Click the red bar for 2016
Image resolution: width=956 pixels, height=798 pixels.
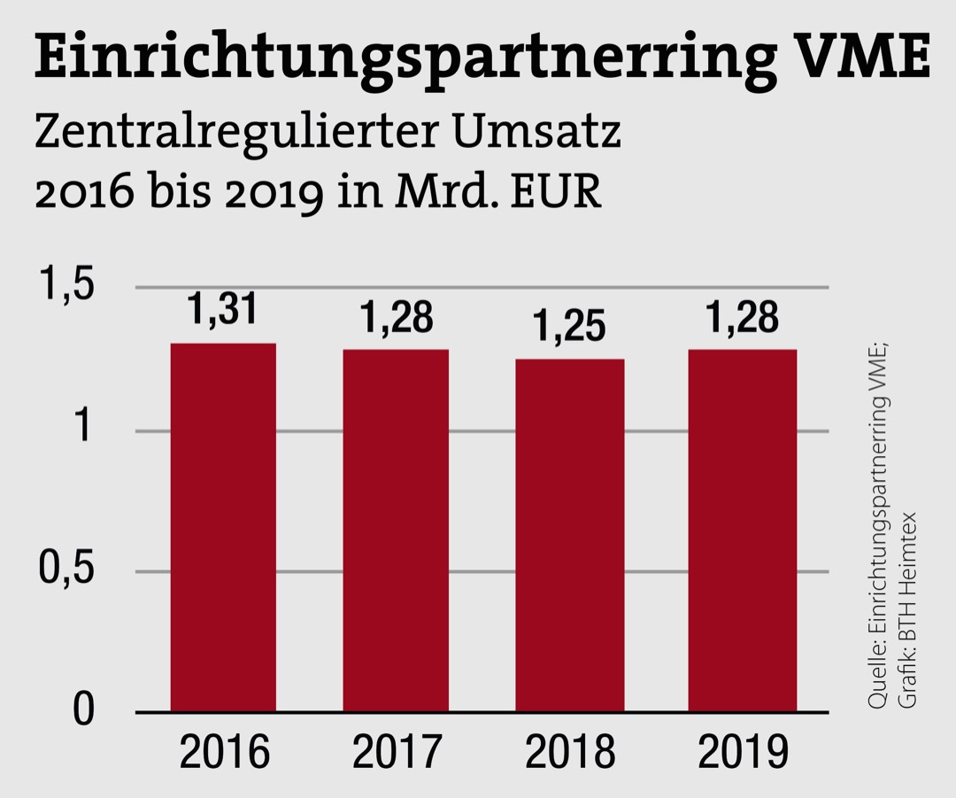pyautogui.click(x=223, y=527)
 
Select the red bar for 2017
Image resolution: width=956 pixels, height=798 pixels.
pyautogui.click(x=396, y=530)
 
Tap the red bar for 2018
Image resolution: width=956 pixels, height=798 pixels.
pyautogui.click(x=570, y=534)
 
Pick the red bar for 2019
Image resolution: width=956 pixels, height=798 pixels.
pyautogui.click(x=743, y=530)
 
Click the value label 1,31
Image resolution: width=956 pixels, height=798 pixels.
pyautogui.click(x=222, y=311)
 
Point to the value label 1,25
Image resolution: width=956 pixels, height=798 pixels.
pyautogui.click(x=569, y=327)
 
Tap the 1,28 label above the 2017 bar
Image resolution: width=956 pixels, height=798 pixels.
pyautogui.click(x=396, y=318)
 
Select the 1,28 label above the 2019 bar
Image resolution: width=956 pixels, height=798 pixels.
pyautogui.click(x=742, y=317)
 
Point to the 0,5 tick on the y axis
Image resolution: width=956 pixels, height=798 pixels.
pyautogui.click(x=66, y=570)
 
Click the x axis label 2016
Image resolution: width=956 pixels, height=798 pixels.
pyautogui.click(x=224, y=753)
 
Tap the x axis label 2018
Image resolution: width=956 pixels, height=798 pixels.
pyautogui.click(x=570, y=753)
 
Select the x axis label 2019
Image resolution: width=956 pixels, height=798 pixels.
pyautogui.click(x=743, y=753)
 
